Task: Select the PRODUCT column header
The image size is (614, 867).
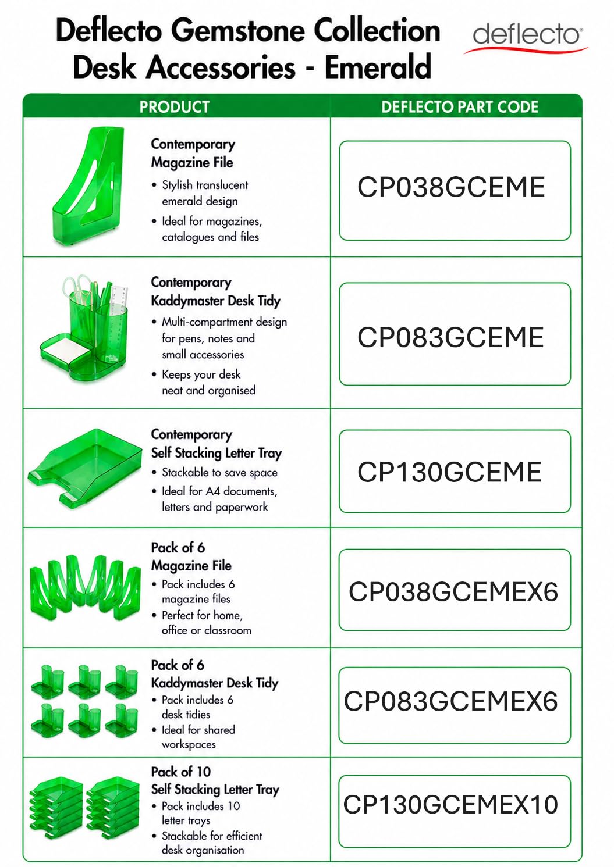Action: tap(175, 107)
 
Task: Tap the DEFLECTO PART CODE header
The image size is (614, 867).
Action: tap(460, 107)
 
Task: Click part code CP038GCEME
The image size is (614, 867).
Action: tap(451, 187)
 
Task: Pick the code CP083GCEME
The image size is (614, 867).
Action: tap(450, 337)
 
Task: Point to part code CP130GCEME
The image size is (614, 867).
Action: tap(449, 472)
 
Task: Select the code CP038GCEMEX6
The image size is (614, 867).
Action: tap(453, 591)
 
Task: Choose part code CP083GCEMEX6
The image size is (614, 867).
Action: tap(451, 701)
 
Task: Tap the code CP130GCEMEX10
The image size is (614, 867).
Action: tap(450, 804)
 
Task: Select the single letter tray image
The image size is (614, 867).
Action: tap(85, 468)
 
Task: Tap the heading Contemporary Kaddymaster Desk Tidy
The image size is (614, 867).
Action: tap(216, 291)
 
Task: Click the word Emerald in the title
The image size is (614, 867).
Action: tap(378, 66)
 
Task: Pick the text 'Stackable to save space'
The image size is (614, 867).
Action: tap(219, 473)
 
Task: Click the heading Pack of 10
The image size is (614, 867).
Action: tap(181, 772)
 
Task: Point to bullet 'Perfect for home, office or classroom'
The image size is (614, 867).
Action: tap(207, 623)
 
